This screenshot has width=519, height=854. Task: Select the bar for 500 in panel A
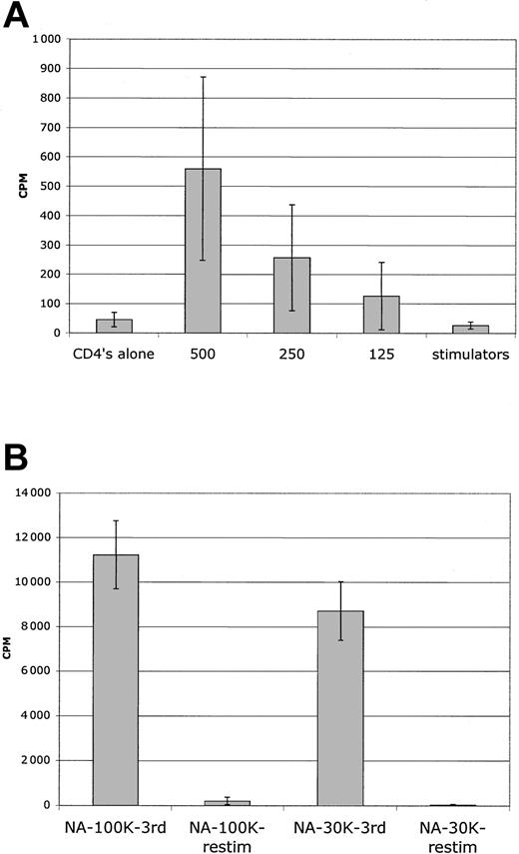204,251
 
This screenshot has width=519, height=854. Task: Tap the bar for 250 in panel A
292,295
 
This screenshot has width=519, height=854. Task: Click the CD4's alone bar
114,326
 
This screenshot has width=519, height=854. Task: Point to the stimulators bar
470,329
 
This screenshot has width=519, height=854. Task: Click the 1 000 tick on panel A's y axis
45,39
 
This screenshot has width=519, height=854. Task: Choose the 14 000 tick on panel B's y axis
41,492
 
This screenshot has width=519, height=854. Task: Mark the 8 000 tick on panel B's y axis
44,626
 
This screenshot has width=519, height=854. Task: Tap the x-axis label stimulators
470,353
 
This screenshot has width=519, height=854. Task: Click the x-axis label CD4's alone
114,353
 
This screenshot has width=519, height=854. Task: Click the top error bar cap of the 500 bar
204,77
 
